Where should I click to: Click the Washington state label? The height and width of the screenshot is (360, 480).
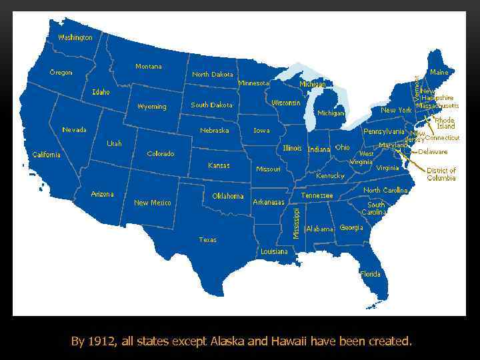(x=75, y=37)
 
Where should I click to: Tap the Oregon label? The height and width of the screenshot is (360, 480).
(x=61, y=72)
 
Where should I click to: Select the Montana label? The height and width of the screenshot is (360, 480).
(x=148, y=67)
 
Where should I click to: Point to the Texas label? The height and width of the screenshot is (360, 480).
(x=207, y=239)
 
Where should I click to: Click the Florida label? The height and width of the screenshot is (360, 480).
(x=371, y=274)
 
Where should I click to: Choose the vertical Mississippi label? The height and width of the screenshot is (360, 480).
(x=296, y=223)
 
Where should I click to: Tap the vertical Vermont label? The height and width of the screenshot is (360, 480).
(x=417, y=88)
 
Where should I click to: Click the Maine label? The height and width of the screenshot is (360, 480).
(x=439, y=72)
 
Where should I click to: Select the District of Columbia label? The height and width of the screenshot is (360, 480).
(x=441, y=175)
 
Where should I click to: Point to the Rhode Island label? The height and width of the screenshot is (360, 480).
(x=445, y=123)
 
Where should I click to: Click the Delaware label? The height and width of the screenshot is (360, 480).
(x=433, y=152)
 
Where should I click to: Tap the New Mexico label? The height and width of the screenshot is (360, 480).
(x=153, y=203)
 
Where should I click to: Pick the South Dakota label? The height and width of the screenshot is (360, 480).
(x=211, y=105)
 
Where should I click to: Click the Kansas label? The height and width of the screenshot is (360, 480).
(x=219, y=165)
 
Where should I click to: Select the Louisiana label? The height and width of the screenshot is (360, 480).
(x=274, y=251)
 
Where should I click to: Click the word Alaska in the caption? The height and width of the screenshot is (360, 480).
(x=227, y=341)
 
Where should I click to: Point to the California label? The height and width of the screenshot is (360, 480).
(x=47, y=155)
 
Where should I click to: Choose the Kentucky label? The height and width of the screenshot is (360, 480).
(x=330, y=176)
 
